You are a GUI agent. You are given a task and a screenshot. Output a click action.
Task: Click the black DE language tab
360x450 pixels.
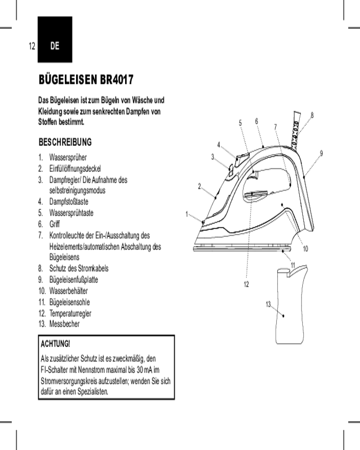[55, 46]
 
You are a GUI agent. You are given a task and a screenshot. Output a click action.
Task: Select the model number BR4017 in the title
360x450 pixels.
[115, 81]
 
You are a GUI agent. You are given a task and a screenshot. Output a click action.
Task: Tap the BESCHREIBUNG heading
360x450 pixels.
[66, 142]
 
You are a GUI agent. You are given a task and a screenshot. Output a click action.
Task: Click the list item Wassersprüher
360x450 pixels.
[68, 157]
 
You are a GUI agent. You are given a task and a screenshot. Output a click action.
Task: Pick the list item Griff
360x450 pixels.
[54, 224]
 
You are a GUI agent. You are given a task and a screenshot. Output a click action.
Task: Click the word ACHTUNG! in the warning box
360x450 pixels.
[55, 344]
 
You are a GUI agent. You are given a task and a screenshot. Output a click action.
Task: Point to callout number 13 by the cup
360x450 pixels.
[268, 305]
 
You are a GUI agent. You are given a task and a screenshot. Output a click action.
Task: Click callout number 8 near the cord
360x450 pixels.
[312, 115]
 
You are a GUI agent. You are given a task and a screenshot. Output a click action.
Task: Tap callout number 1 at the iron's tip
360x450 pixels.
[187, 214]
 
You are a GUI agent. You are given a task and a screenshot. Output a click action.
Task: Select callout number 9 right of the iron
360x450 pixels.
[321, 153]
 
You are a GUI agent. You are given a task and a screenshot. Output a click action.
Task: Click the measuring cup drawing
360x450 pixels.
[290, 306]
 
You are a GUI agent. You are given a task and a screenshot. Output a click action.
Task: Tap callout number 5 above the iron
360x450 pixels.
[240, 122]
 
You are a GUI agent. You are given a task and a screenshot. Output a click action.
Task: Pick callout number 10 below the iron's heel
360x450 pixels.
[305, 248]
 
